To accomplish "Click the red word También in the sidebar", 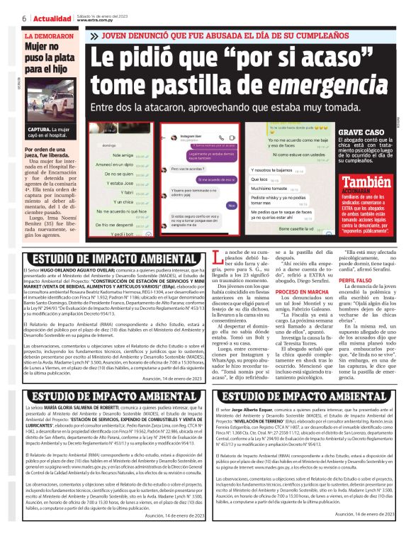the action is (x=372, y=182).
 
